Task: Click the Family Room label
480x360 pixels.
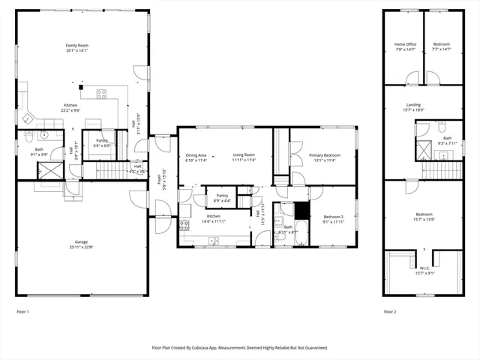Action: click(x=76, y=46)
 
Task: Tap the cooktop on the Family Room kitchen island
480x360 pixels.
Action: click(x=101, y=94)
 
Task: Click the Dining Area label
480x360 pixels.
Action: click(x=196, y=155)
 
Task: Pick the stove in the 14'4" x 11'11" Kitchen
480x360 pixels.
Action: click(x=184, y=224)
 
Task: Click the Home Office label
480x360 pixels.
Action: click(x=405, y=44)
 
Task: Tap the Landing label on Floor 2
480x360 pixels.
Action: click(x=413, y=105)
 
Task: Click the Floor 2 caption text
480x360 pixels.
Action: click(x=391, y=311)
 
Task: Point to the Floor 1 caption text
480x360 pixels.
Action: click(x=23, y=311)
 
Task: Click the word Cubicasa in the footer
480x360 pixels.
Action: click(x=217, y=348)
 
